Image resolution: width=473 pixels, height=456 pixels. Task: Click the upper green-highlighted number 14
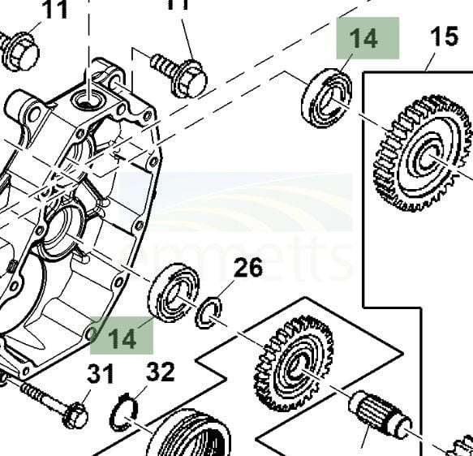coord(364,38)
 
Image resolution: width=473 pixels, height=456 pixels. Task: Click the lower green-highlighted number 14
coord(122,338)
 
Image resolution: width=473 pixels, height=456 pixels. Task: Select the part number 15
coord(444,37)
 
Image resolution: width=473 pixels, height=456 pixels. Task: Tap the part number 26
coord(248,268)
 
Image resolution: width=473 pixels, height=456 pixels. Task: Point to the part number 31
coord(101,376)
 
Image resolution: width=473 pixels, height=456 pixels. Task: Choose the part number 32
coord(160,373)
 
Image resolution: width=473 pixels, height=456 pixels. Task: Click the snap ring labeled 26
coord(209,312)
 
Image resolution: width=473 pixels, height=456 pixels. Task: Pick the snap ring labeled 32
coord(123,411)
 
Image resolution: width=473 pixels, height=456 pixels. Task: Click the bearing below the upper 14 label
coord(326,98)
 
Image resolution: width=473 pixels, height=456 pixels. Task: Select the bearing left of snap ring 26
coord(174,292)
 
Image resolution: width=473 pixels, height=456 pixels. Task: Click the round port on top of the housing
coord(85,100)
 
